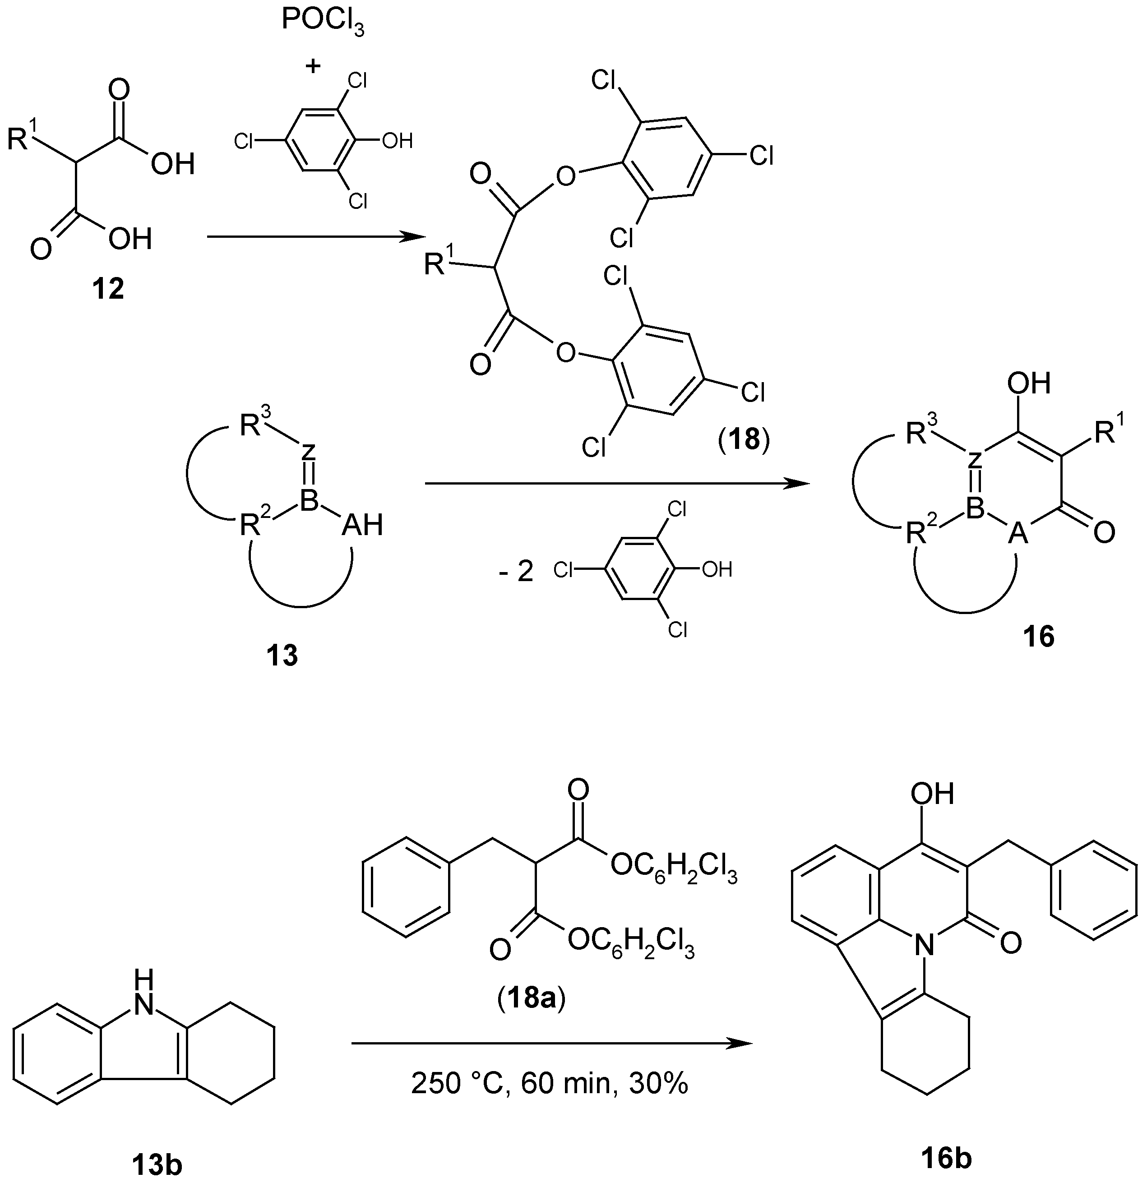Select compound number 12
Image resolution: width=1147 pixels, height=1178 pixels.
[x=108, y=290]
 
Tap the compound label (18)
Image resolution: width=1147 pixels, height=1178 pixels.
[x=743, y=440]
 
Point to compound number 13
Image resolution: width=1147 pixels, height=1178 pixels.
[x=282, y=655]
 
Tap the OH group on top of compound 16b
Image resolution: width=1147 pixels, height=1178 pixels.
[x=932, y=794]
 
